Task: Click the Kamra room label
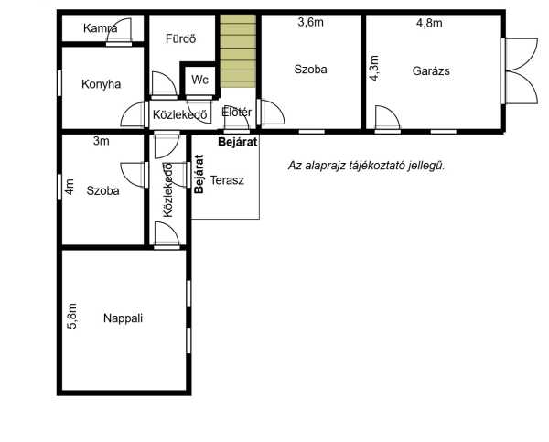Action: click(x=100, y=28)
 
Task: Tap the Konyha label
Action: click(x=102, y=84)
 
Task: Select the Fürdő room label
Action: click(x=180, y=38)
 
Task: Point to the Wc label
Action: click(x=199, y=80)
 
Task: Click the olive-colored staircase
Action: click(x=238, y=50)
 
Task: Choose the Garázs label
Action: click(x=431, y=70)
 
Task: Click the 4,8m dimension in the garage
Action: click(x=429, y=23)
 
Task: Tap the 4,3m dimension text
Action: click(x=374, y=68)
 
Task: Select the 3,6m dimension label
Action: click(x=310, y=22)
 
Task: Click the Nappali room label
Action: click(x=123, y=318)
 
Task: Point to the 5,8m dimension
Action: click(x=71, y=316)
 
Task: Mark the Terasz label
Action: click(x=227, y=180)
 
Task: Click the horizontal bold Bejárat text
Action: click(x=238, y=142)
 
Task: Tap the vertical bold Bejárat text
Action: click(x=199, y=174)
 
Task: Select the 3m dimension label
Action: click(x=102, y=141)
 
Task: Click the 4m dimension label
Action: click(x=70, y=187)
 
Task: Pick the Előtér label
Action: click(x=237, y=112)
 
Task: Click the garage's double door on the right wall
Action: click(x=520, y=71)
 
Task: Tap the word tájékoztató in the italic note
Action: click(x=378, y=166)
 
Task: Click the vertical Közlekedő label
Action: click(x=168, y=189)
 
